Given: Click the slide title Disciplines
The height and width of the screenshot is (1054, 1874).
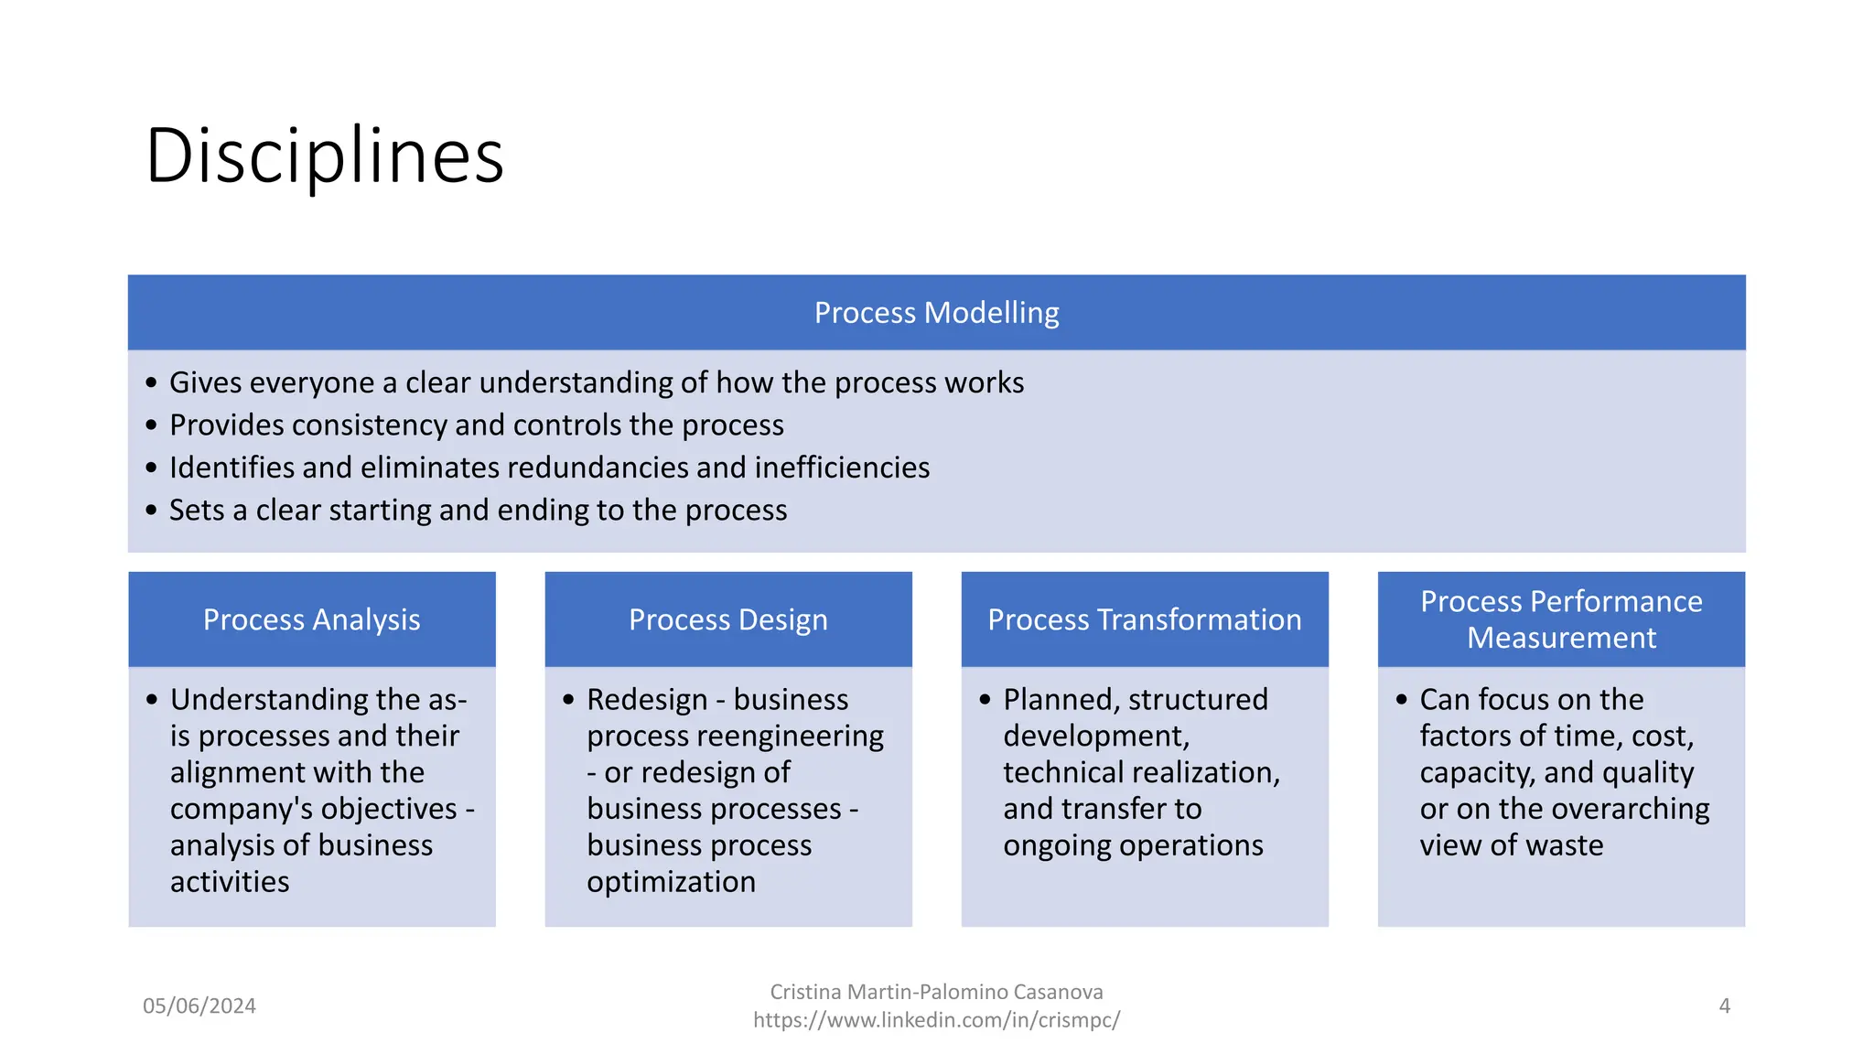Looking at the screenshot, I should click(325, 156).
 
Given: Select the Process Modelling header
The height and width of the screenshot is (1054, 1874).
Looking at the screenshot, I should click(936, 313).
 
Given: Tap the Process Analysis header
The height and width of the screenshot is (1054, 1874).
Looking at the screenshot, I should click(311, 619).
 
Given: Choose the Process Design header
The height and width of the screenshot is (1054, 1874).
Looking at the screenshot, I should click(727, 619).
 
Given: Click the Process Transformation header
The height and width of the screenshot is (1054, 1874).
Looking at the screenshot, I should click(1144, 619).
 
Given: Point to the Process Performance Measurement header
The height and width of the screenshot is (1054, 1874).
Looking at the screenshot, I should click(1561, 619).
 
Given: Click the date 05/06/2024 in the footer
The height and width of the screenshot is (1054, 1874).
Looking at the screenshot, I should click(199, 1006).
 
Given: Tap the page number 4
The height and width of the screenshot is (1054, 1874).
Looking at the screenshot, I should click(1724, 1006).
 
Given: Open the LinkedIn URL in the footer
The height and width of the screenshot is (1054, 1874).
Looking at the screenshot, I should click(936, 1020).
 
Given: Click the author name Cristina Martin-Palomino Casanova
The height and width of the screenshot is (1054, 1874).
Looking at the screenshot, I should click(936, 992).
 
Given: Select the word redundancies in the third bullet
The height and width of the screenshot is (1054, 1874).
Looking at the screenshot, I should click(611, 468).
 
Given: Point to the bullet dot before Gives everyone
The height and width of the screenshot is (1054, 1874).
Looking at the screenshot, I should click(151, 382).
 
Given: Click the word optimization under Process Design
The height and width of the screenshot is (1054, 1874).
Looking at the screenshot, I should click(671, 882).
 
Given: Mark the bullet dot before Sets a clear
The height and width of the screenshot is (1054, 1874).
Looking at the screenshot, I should click(151, 510).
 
